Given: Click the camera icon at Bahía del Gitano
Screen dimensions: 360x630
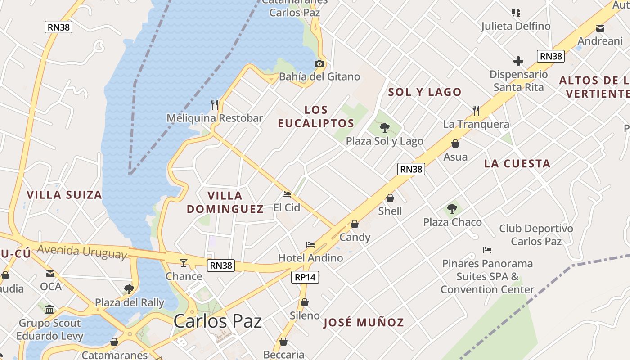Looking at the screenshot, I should point(319,64).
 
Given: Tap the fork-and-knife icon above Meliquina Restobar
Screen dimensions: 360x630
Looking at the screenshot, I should point(215,105).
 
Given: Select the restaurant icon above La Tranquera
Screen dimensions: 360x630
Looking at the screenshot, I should point(476,110).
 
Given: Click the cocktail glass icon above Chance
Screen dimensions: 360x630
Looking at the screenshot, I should point(184,263).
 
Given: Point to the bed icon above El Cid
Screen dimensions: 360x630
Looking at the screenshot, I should point(287,194).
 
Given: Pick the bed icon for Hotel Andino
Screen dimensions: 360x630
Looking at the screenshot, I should point(310,245).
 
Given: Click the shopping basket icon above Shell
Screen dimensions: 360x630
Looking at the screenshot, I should point(390,198).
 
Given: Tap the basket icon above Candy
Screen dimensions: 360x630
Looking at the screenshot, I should point(355,224).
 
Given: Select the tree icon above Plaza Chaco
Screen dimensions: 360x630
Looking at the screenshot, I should point(452,209).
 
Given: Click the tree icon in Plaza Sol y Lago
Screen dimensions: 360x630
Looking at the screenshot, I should point(384,128).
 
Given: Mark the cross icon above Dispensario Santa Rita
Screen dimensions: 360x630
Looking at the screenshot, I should point(518,61).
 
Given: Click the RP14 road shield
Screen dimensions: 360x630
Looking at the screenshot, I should point(305,277).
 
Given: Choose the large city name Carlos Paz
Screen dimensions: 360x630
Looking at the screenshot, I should point(217,321).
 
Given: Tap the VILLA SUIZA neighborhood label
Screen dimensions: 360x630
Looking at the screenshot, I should point(64,195).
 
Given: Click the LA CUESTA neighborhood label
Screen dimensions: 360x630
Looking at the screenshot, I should point(517,163).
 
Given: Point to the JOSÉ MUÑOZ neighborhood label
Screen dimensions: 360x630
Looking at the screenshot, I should point(364,322).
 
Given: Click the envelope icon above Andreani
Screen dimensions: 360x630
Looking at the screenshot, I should point(600,28).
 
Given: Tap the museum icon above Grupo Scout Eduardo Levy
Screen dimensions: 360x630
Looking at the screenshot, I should point(49,310).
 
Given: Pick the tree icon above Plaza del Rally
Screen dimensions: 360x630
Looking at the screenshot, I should point(129,289).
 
